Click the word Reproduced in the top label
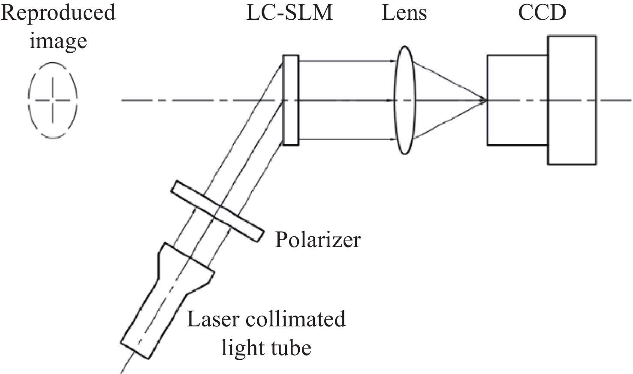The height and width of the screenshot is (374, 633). [x=58, y=13]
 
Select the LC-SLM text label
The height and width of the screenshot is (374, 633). [x=289, y=13]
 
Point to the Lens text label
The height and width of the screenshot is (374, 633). [x=404, y=13]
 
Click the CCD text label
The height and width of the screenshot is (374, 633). [x=542, y=13]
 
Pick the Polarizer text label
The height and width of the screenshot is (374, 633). [x=317, y=239]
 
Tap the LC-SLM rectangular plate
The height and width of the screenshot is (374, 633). [x=290, y=100]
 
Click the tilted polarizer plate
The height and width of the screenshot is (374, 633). [x=217, y=211]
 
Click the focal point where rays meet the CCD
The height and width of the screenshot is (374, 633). [x=486, y=100]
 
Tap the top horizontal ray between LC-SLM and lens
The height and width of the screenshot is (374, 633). [x=345, y=61]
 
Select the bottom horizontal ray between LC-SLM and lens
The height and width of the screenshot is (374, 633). [x=345, y=140]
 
